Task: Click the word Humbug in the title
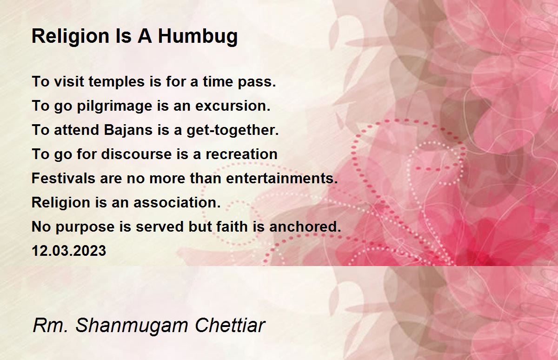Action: pyautogui.click(x=198, y=37)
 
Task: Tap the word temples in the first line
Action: pyautogui.click(x=116, y=82)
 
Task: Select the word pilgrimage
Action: pyautogui.click(x=114, y=107)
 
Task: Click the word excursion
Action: pyautogui.click(x=233, y=106)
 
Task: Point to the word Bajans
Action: pyautogui.click(x=128, y=130)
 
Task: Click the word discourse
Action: pyautogui.click(x=137, y=154)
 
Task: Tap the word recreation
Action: pyautogui.click(x=241, y=154)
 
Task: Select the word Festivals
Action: pyautogui.click(x=64, y=178)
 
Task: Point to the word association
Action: pyautogui.click(x=177, y=202)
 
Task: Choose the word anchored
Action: pyautogui.click(x=305, y=227)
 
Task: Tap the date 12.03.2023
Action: pyautogui.click(x=69, y=251)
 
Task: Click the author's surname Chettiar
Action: pyautogui.click(x=230, y=325)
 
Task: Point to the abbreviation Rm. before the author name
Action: pyautogui.click(x=51, y=325)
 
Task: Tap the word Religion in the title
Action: pyautogui.click(x=71, y=37)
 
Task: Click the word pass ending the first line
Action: pyautogui.click(x=257, y=82)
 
